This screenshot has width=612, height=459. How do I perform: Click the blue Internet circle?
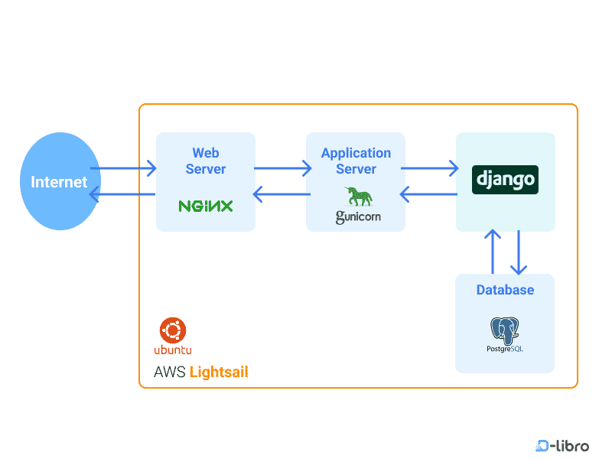[x=59, y=182]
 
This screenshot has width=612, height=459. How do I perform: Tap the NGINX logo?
[x=205, y=206]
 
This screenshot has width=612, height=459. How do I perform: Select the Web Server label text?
[x=206, y=161]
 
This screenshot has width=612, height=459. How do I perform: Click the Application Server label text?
[x=356, y=161]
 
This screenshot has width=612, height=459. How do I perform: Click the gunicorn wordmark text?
[x=357, y=217]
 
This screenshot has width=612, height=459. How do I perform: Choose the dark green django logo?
[x=505, y=180]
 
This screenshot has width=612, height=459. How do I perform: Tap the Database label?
[x=505, y=290]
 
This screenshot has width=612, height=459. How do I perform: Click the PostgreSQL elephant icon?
[x=505, y=329]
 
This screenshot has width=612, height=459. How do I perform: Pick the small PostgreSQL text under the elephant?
[x=505, y=349]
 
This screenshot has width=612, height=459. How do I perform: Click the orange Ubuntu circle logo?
[x=173, y=330]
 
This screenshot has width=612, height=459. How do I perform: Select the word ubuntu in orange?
[x=173, y=350]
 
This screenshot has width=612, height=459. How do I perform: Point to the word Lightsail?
[x=219, y=373]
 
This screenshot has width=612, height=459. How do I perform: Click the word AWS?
[x=169, y=373]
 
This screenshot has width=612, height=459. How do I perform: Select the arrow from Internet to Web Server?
[x=123, y=168]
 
